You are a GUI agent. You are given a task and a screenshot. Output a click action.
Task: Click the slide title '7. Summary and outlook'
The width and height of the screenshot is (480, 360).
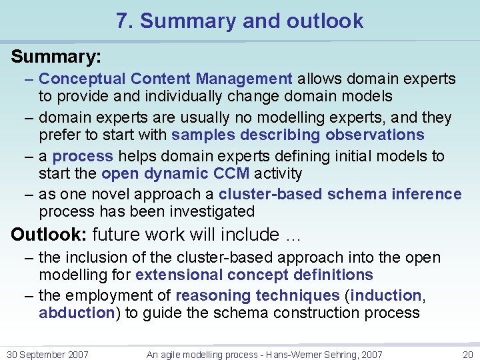(239, 21)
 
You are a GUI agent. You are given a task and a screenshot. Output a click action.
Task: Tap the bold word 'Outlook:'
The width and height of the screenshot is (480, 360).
(49, 235)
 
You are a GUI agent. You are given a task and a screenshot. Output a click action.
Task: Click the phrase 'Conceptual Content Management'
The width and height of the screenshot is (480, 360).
(165, 79)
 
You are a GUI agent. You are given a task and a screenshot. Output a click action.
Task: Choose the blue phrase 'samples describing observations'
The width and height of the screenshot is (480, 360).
(297, 135)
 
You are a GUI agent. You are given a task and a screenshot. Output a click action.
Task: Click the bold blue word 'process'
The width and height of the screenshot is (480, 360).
(83, 157)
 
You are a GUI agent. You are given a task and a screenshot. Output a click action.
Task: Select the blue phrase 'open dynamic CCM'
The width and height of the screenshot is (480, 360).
(175, 174)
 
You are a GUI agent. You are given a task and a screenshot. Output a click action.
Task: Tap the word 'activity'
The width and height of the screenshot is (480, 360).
(278, 174)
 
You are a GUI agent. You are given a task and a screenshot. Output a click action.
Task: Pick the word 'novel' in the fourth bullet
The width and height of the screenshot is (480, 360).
(110, 195)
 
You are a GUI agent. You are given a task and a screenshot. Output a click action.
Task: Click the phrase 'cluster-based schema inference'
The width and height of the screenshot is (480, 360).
(340, 195)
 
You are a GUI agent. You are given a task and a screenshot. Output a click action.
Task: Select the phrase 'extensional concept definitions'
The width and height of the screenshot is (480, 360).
(254, 275)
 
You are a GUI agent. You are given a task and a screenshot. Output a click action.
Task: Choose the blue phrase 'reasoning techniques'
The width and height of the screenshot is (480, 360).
(257, 295)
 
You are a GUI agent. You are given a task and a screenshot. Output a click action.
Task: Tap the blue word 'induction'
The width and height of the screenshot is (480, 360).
(387, 295)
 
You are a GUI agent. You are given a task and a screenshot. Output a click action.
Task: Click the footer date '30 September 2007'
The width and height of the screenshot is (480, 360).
(47, 355)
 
